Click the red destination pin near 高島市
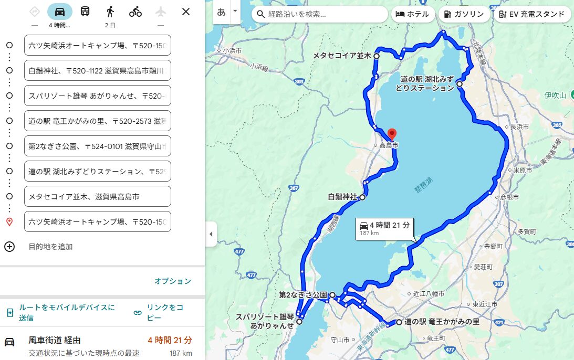click(x=391, y=134)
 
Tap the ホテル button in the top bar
click(x=412, y=14)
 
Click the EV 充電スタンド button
click(x=532, y=14)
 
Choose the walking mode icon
click(x=110, y=12)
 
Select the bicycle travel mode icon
click(x=135, y=12)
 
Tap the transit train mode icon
click(x=85, y=12)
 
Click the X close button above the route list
click(x=185, y=12)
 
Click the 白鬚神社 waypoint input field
click(x=98, y=70)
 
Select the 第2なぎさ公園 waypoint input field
click(x=98, y=146)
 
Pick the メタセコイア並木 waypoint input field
click(x=98, y=196)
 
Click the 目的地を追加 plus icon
click(x=9, y=247)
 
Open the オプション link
click(x=172, y=281)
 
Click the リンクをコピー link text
click(x=164, y=313)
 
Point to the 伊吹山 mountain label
click(x=555, y=96)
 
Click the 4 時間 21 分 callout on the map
click(x=384, y=228)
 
